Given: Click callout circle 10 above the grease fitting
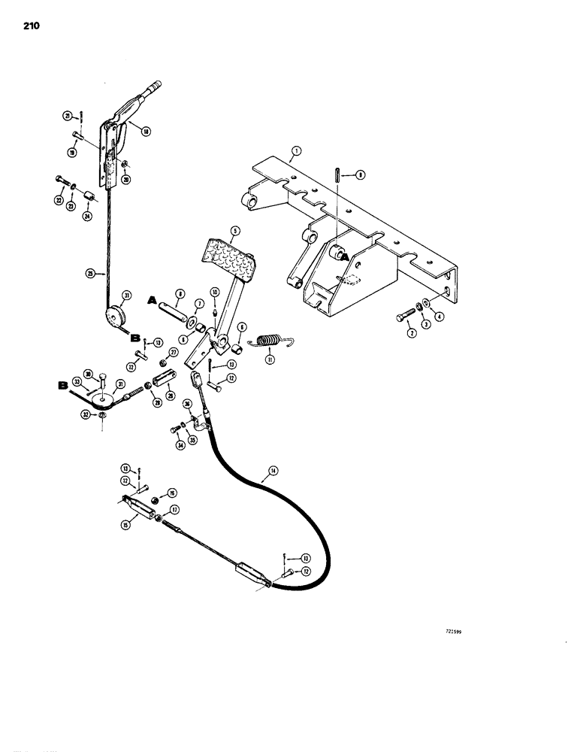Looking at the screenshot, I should coord(214,291).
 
